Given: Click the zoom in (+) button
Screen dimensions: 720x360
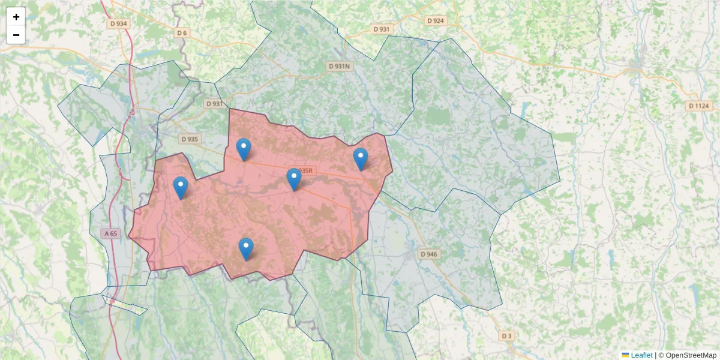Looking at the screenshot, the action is point(16,17).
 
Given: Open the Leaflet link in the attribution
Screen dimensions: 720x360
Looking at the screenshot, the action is point(641,355).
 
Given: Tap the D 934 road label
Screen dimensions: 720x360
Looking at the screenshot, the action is point(119,23).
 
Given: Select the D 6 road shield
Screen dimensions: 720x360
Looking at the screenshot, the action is point(182,32).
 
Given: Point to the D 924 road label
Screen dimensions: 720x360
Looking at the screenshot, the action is point(436,20).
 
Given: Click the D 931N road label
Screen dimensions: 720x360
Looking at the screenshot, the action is point(339,66).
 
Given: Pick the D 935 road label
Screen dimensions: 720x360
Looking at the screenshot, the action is point(189,139).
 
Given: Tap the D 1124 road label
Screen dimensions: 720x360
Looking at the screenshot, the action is point(698,106).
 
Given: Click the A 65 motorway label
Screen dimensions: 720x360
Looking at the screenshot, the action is point(110,233).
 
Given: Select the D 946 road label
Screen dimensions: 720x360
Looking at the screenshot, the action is point(429,254).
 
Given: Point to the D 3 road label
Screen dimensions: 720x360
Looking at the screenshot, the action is point(508,335).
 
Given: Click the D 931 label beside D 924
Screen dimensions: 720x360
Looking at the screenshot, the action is point(382,29).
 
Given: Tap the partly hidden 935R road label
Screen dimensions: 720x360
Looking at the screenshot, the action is point(306,171).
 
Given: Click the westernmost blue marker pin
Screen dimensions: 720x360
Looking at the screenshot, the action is point(180,188).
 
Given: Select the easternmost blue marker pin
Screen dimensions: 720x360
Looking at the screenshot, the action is point(360,159).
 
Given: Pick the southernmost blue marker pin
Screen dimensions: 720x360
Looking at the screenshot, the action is point(246,249).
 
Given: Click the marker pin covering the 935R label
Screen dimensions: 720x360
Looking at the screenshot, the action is point(293,179).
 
